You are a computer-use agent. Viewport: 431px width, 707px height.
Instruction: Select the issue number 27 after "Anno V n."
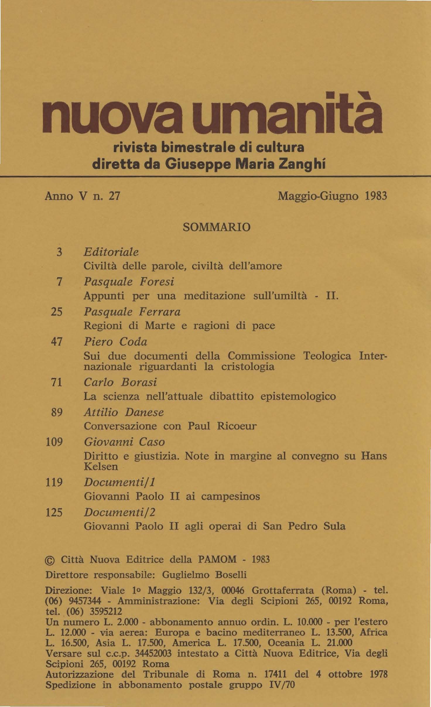(x=114, y=196)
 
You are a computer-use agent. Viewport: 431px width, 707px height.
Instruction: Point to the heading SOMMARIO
(x=216, y=227)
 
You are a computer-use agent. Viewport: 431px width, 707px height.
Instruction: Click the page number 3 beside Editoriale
(x=59, y=252)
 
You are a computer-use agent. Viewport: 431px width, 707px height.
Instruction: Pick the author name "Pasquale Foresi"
(x=129, y=282)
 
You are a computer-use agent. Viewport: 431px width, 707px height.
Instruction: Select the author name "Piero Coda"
(x=115, y=342)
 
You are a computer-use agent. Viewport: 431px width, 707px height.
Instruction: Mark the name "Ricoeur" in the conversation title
(x=237, y=426)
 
